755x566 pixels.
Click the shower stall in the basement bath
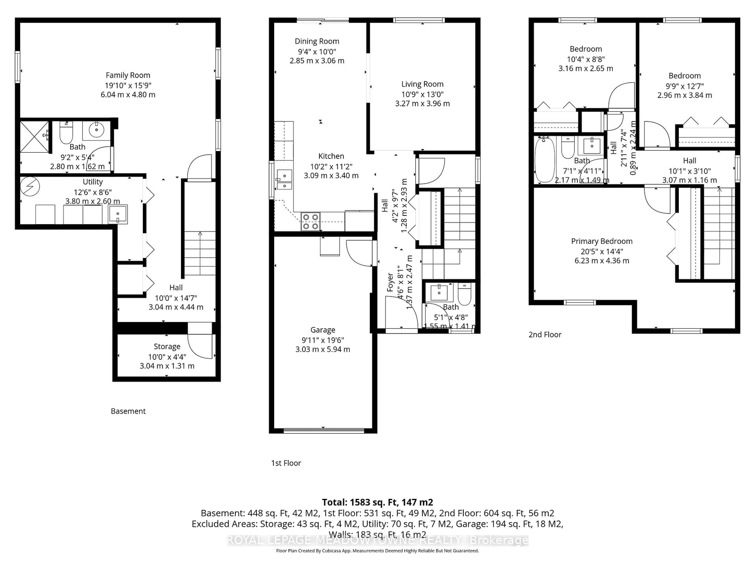point(34,136)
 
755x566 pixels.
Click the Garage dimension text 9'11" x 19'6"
point(323,340)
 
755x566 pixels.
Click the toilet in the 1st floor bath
point(464,294)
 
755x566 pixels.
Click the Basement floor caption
point(128,411)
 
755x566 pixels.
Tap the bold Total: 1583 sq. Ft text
point(377,502)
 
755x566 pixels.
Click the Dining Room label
point(317,41)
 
